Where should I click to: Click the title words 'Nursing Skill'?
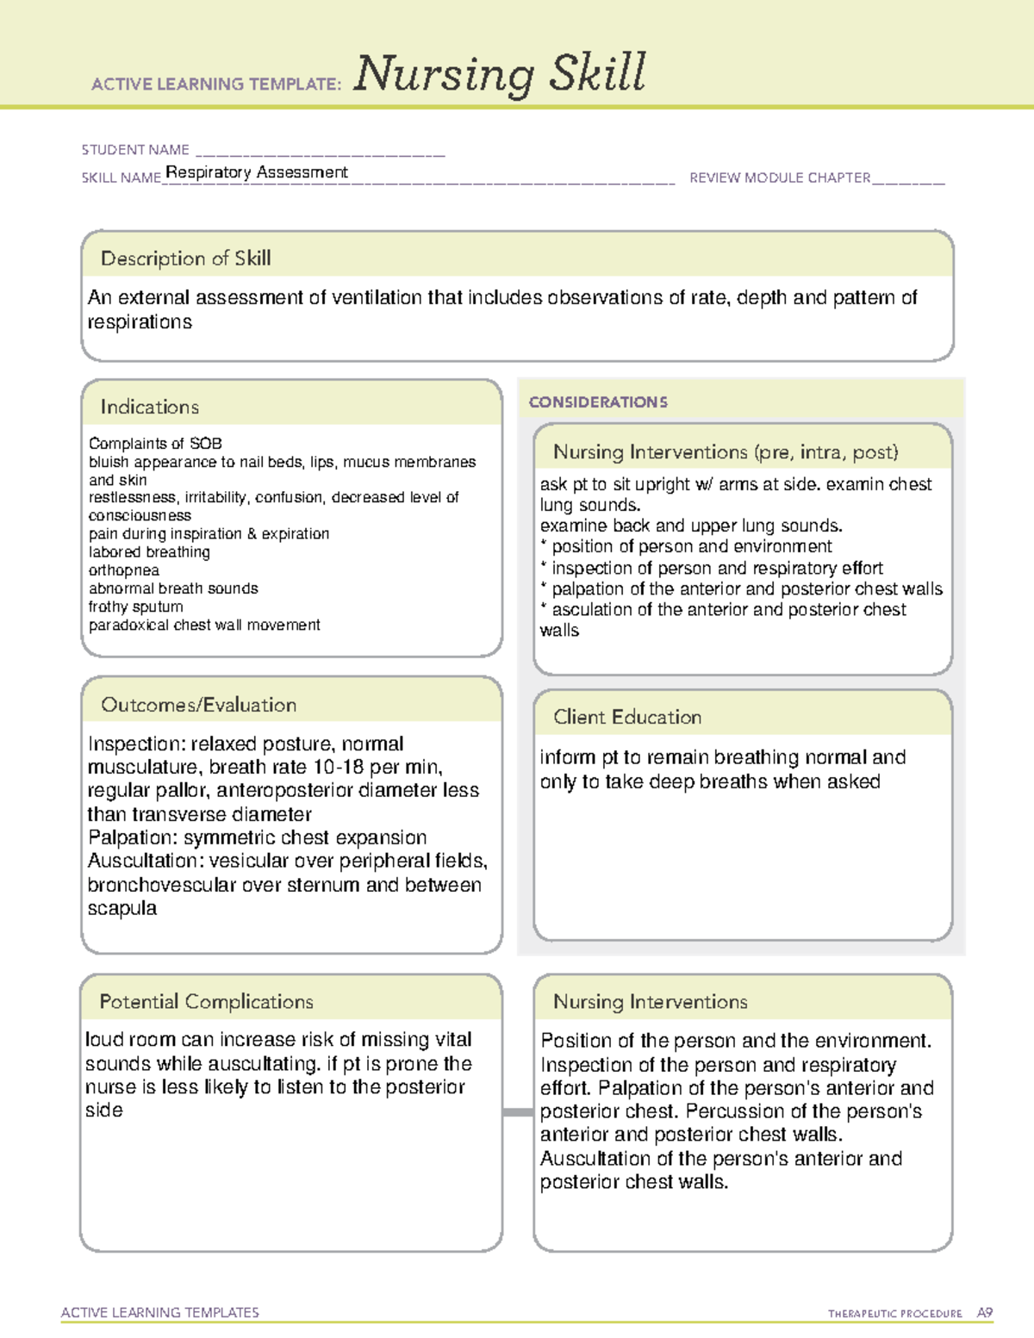(x=500, y=74)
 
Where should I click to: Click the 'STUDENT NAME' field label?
(x=135, y=150)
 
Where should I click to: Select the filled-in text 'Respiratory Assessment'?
(x=257, y=172)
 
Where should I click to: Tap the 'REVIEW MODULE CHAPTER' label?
(x=780, y=177)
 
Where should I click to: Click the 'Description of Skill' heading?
(x=185, y=258)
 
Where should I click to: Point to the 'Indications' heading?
(x=149, y=407)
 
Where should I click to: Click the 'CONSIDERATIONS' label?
(x=598, y=402)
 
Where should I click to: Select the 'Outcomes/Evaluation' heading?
(x=198, y=705)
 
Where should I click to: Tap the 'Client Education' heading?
(x=627, y=717)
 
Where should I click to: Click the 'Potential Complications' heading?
(x=206, y=1001)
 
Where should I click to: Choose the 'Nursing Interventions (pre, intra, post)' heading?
(x=726, y=452)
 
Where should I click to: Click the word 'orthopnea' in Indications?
(x=124, y=570)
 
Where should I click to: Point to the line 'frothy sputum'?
(x=135, y=607)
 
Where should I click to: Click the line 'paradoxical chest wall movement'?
(x=204, y=625)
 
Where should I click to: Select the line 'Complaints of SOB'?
(x=155, y=444)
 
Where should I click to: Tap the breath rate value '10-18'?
(x=339, y=767)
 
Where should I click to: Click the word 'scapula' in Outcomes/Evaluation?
(x=121, y=908)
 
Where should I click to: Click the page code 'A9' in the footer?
(x=985, y=1313)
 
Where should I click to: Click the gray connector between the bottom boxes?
(x=518, y=1112)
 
